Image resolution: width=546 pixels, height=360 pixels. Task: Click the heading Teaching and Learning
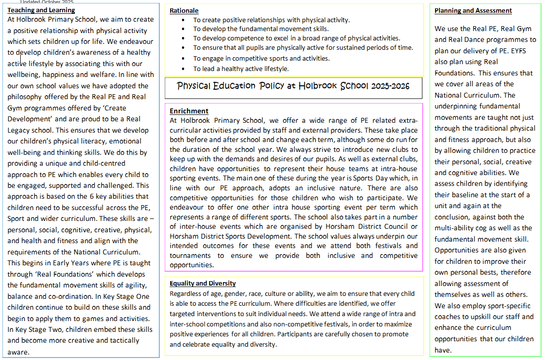point(41,10)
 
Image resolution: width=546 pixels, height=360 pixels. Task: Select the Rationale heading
point(184,10)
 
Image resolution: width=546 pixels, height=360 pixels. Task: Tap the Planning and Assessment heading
point(473,10)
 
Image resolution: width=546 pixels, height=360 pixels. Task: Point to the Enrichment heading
point(189,111)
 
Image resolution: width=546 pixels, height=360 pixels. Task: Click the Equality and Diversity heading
point(203,283)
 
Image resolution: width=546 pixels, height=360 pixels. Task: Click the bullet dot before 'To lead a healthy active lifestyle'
point(184,69)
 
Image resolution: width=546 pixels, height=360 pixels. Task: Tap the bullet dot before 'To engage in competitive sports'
point(184,59)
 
